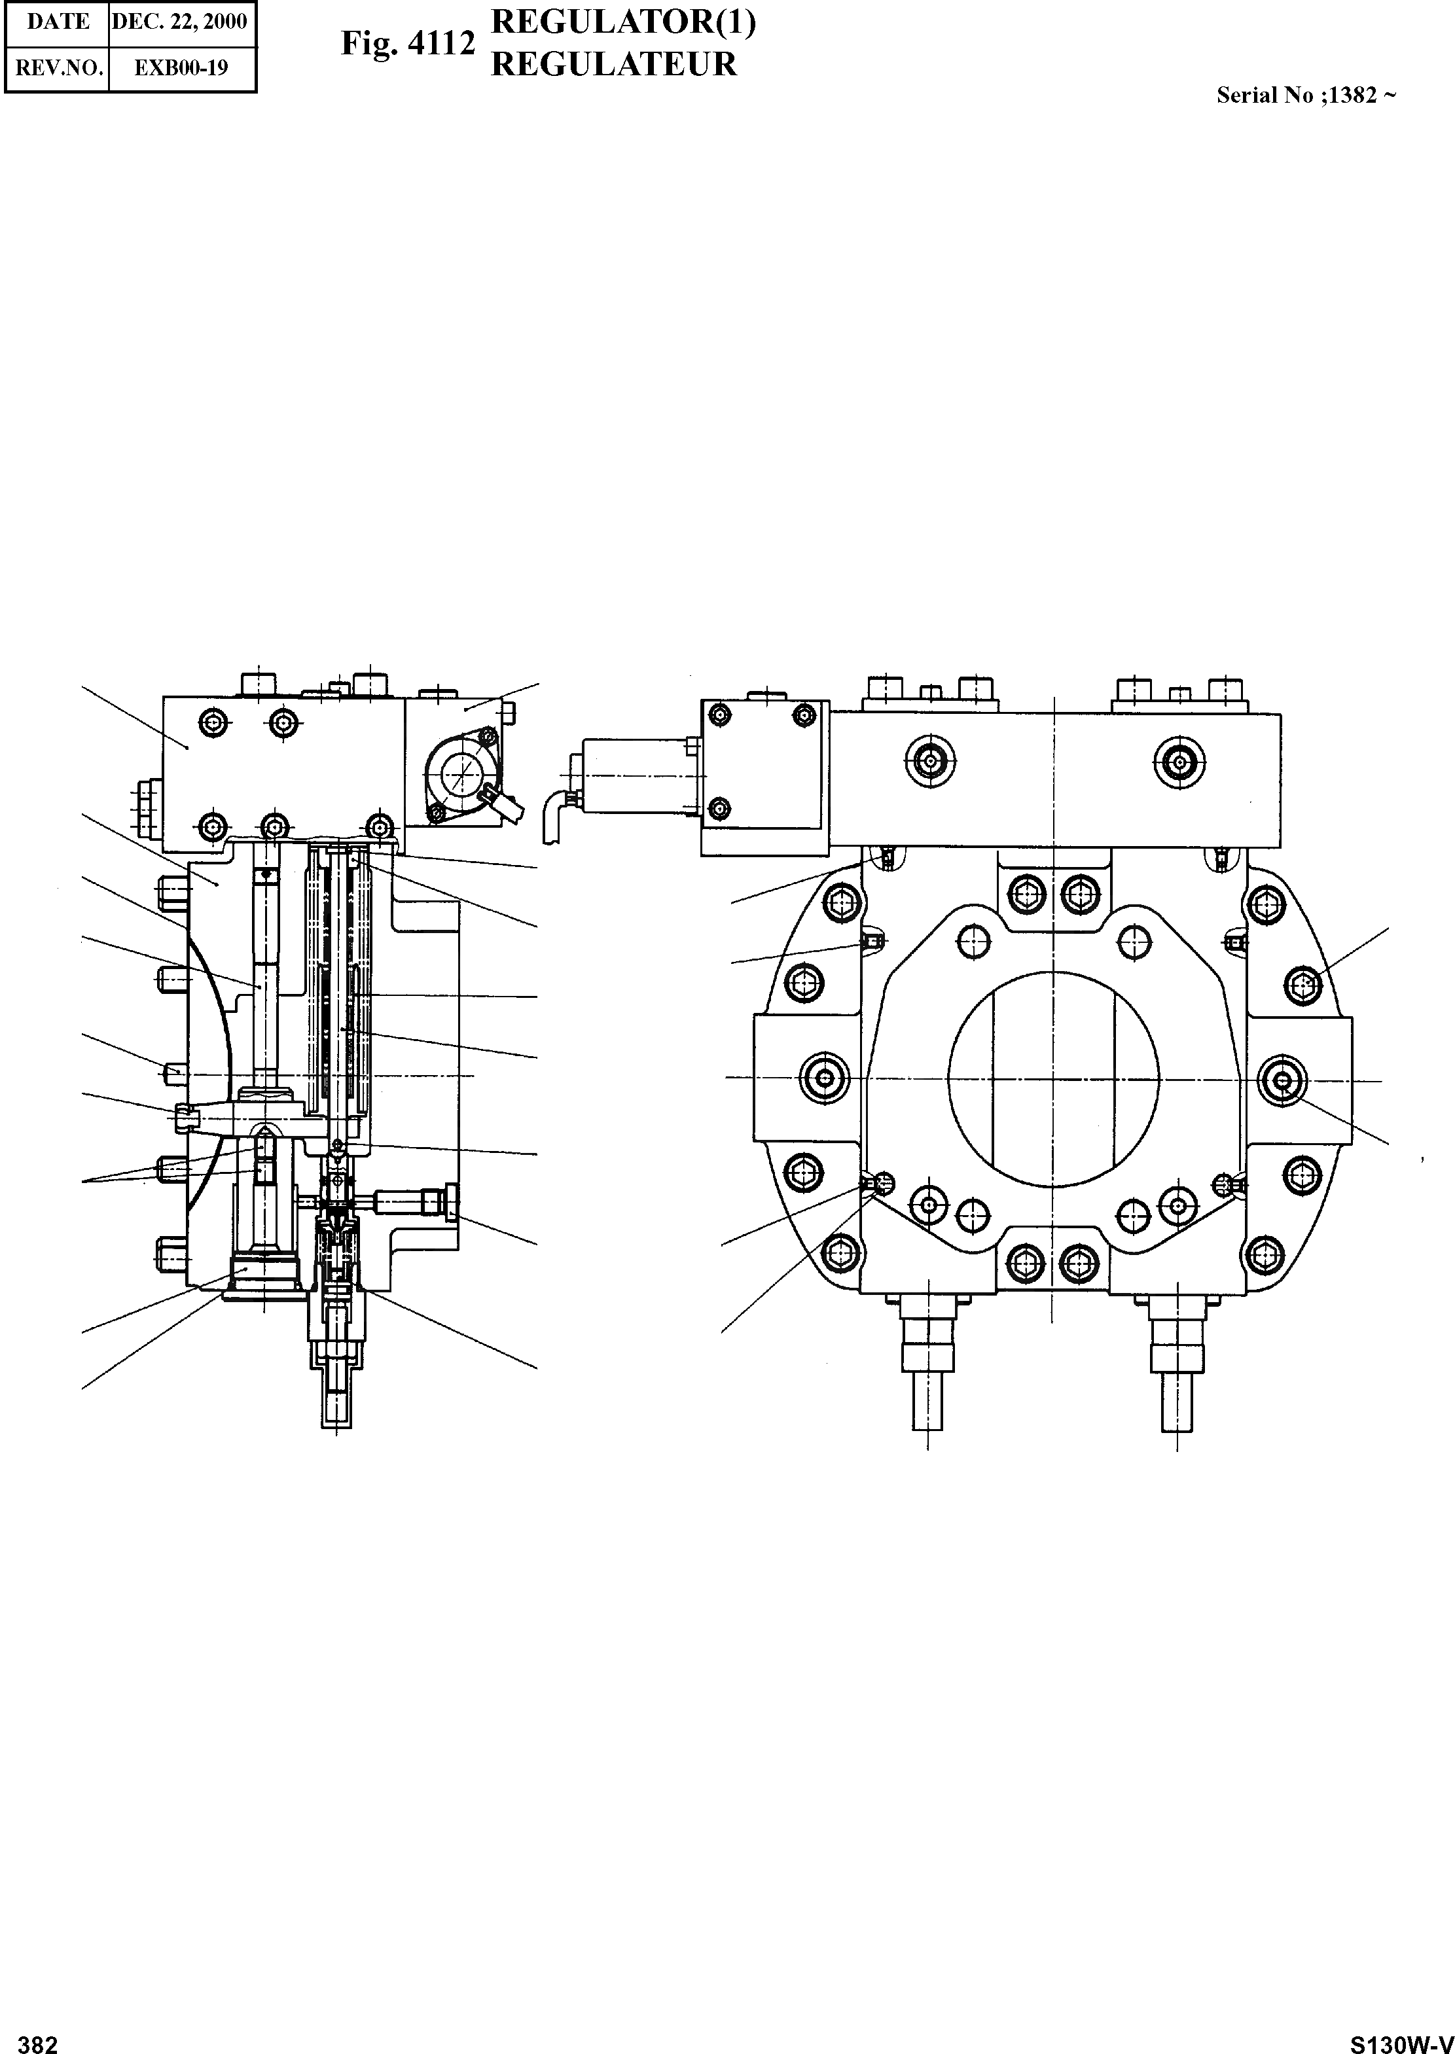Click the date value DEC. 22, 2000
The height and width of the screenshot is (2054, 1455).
coord(180,22)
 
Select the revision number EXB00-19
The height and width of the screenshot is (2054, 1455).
coord(181,68)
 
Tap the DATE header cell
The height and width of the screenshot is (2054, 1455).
coord(58,22)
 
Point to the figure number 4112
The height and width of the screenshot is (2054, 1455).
coord(440,43)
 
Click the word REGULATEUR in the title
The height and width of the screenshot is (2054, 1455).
coord(614,65)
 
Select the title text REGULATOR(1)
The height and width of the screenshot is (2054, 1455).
coord(624,22)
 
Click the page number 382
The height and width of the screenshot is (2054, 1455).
coord(37,2038)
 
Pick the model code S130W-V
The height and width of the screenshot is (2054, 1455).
coord(1401,2038)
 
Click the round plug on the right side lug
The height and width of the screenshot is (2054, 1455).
coord(1282,1081)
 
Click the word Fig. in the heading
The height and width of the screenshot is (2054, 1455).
coord(368,43)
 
